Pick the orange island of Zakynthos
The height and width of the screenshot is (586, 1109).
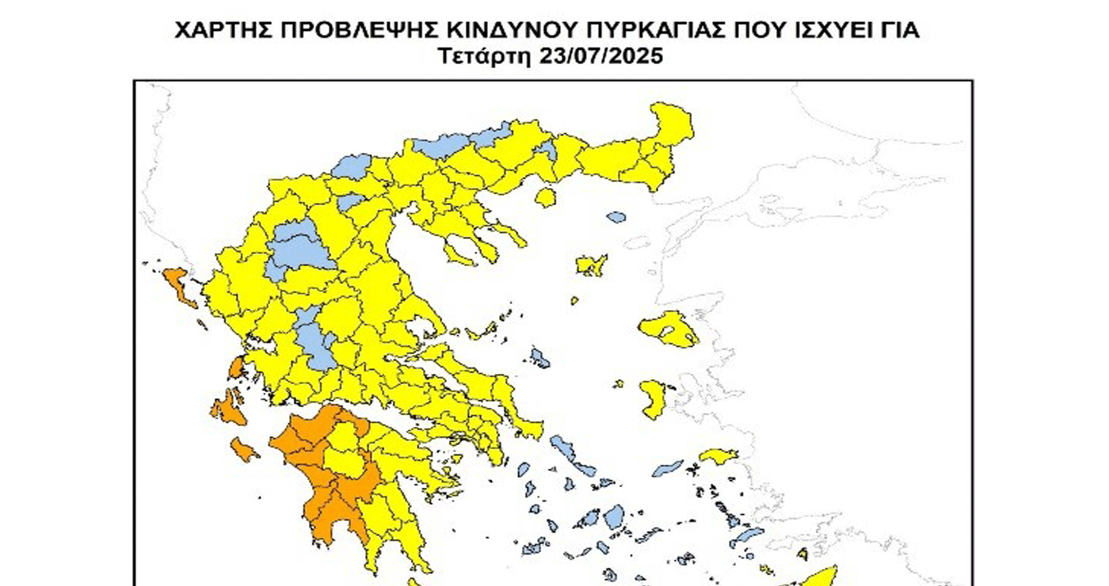click(x=244, y=451)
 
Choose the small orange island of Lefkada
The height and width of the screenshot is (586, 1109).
click(x=236, y=367)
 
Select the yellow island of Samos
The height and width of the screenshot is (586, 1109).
click(x=718, y=455)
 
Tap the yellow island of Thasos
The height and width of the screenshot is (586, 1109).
click(x=545, y=196)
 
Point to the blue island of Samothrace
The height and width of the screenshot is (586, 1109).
click(x=616, y=215)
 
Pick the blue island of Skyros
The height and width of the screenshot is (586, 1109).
click(x=540, y=358)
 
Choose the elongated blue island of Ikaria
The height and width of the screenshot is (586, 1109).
click(x=668, y=468)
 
